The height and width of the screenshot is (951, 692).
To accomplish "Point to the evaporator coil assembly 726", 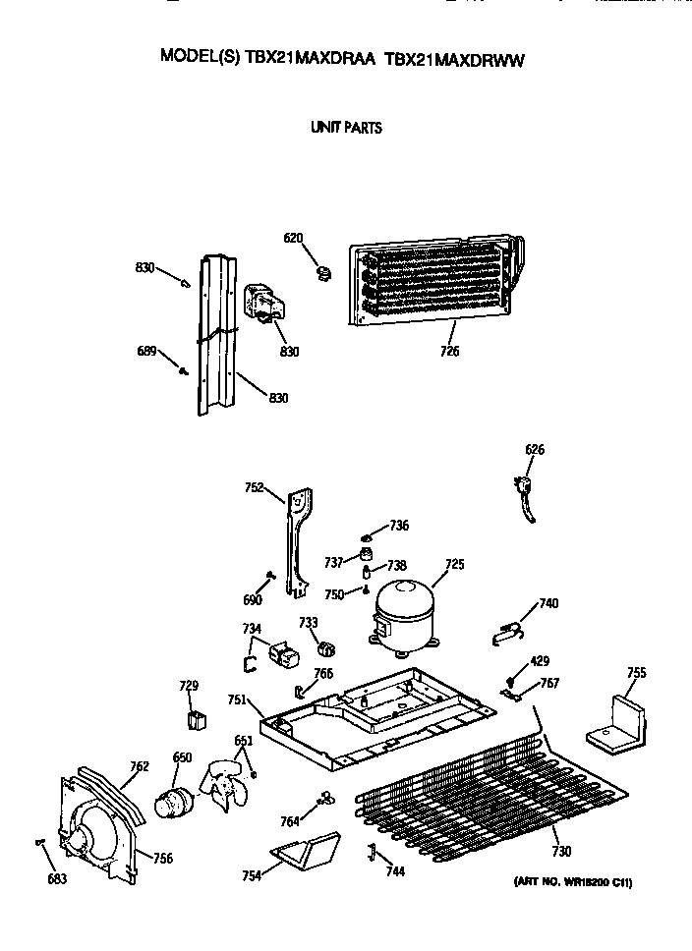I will click(432, 281).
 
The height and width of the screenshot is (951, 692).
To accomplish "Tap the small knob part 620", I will click(323, 269).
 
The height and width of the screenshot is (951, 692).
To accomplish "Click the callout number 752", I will click(255, 486).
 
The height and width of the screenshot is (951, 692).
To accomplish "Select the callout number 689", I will click(145, 350).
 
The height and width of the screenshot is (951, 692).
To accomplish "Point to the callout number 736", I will click(398, 526).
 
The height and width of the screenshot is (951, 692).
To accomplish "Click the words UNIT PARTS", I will click(346, 128).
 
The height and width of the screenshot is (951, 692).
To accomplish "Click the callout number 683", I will click(57, 878).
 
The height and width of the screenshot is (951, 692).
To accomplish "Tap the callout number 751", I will click(236, 699).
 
